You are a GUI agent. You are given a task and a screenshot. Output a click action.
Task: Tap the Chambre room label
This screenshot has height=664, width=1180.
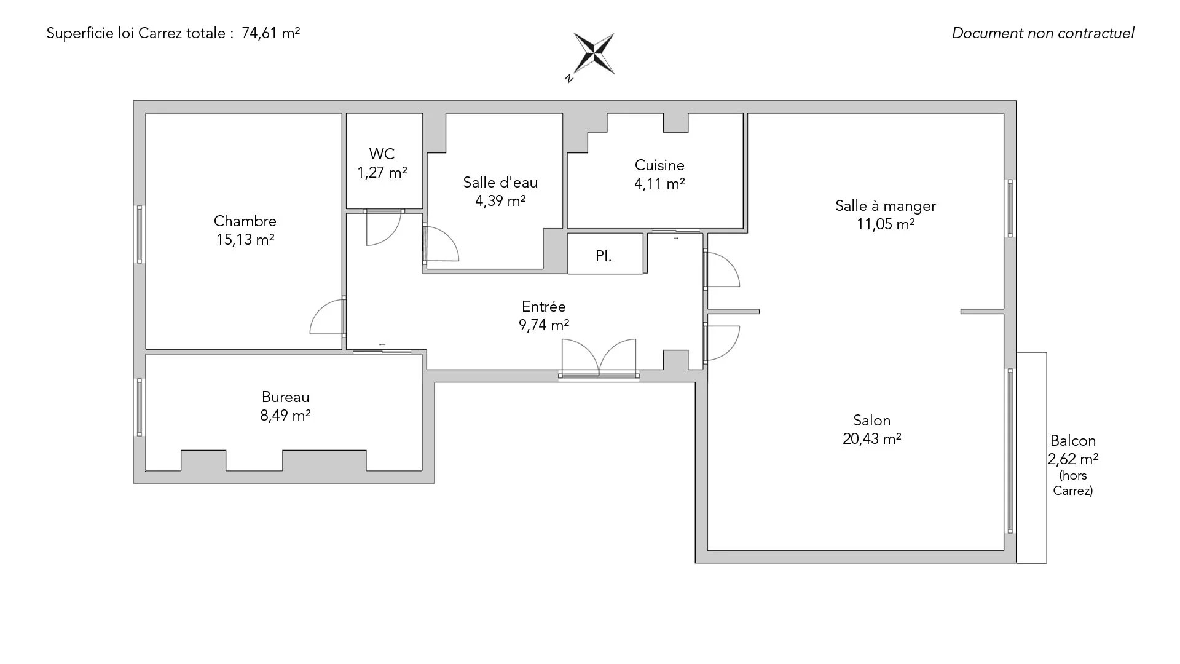(245, 221)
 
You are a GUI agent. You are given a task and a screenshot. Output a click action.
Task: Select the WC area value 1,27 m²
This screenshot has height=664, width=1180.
(382, 173)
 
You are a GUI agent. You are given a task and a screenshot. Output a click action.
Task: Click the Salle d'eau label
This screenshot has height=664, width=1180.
(500, 182)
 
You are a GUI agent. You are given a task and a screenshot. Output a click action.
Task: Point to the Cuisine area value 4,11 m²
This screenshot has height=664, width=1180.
(659, 183)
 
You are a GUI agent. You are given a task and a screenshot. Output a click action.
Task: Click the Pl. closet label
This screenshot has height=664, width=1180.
(604, 256)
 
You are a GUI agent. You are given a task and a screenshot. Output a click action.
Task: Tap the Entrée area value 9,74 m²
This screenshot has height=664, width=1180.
(544, 325)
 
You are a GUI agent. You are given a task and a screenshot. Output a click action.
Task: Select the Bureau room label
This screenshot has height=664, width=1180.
(285, 397)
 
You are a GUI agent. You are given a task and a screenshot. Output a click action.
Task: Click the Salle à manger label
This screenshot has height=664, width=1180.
(886, 206)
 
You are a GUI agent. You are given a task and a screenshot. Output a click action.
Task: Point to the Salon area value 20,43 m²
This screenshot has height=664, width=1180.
(871, 438)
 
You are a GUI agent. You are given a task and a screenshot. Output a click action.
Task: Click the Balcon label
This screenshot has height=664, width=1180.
(1073, 440)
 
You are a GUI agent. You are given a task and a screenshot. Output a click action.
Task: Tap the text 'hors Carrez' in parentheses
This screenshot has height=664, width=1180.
(1073, 483)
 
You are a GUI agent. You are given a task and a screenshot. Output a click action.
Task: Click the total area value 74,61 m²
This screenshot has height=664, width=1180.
(271, 33)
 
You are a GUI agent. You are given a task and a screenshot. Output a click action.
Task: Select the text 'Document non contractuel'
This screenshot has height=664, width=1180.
(1043, 33)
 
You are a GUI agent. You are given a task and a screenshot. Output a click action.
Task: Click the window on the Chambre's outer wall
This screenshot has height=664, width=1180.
(140, 234)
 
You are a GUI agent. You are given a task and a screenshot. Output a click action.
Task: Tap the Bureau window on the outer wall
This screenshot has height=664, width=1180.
(140, 407)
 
